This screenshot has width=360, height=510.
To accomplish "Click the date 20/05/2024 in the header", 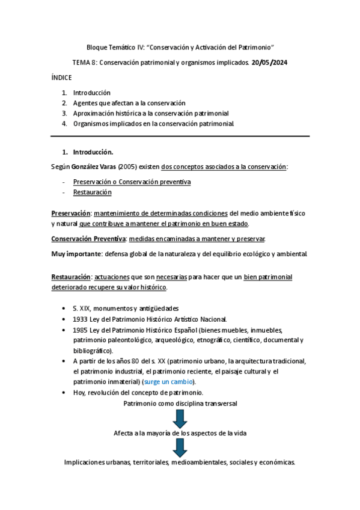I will tap(270, 62).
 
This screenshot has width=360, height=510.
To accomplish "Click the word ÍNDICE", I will tap(62, 78).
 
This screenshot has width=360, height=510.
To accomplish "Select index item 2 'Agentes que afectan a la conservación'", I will tap(129, 103).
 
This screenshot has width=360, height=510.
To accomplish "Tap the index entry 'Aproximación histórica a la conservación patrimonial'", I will tap(150, 113).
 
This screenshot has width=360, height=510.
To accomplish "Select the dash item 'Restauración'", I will tap(92, 192).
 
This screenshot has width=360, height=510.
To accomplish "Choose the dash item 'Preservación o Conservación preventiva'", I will tap(132, 182).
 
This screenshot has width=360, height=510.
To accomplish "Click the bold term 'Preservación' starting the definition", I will tap(71, 214).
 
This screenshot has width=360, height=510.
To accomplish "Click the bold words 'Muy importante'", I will tap(76, 254).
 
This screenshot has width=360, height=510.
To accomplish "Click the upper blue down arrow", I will tap(180, 418).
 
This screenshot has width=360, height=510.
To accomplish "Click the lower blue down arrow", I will tap(180, 447).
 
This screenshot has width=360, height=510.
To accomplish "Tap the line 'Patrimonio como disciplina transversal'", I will tap(180, 403).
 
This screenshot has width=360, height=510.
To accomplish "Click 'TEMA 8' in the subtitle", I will tap(84, 62).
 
